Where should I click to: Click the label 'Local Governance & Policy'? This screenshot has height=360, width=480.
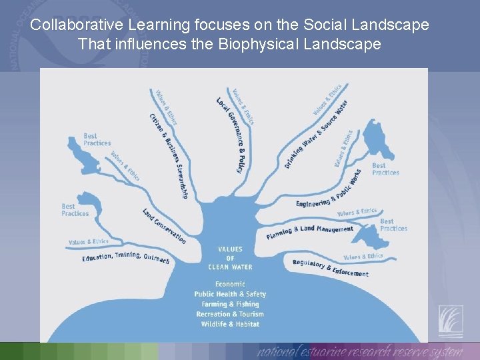point(231,135)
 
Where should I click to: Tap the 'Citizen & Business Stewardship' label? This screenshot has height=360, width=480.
point(169,155)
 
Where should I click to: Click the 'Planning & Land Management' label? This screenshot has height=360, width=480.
point(310,231)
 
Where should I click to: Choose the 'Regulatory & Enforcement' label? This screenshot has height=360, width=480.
point(330,268)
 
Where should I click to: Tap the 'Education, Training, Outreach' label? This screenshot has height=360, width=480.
point(125,257)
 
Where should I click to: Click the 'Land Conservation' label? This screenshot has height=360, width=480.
point(164,225)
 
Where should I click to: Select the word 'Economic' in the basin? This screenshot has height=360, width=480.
point(230,284)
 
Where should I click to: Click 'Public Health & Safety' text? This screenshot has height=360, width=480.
point(230,294)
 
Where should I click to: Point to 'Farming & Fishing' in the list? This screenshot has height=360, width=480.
point(230,304)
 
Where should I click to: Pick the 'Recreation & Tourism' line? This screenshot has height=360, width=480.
point(230,314)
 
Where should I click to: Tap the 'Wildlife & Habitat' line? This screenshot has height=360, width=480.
point(230,324)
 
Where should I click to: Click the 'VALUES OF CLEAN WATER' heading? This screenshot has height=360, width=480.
point(230,258)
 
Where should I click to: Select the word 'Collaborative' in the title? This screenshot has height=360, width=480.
point(73,25)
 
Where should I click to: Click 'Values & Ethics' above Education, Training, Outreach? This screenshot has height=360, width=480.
point(88,241)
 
